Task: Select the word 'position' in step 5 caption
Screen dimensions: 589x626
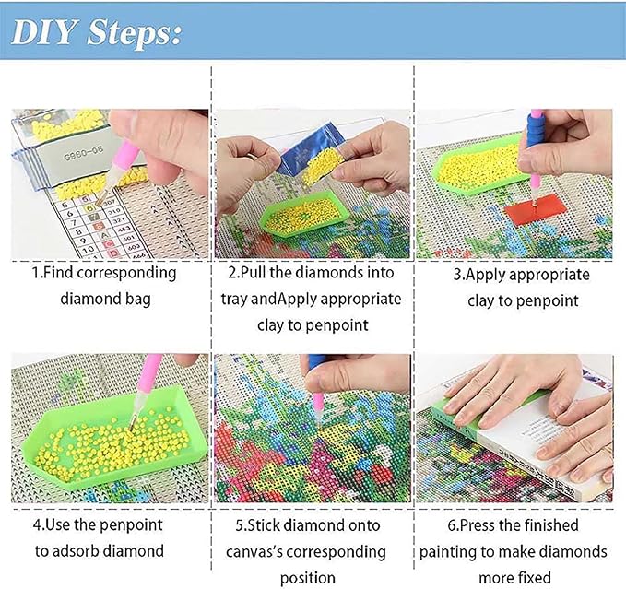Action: click(x=310, y=578)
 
